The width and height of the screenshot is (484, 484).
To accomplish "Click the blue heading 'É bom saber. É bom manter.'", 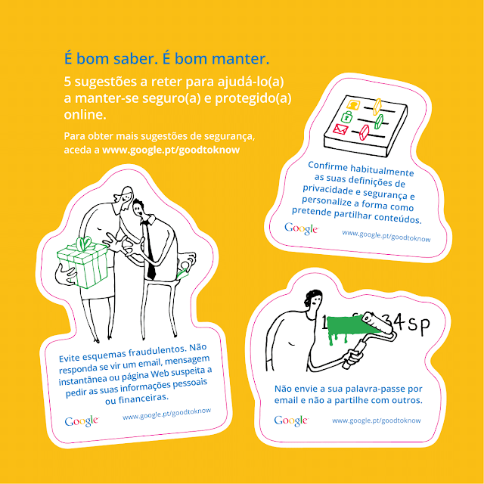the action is click(166, 59).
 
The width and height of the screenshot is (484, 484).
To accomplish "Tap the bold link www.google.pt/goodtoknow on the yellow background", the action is click(171, 150).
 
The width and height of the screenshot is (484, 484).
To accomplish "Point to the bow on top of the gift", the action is click(83, 243).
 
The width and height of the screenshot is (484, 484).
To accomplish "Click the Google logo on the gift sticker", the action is click(82, 421).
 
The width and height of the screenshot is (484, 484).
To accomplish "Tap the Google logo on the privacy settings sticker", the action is click(301, 228).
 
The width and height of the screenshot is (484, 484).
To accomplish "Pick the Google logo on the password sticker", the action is click(291, 420).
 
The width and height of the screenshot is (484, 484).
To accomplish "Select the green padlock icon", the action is click(347, 116).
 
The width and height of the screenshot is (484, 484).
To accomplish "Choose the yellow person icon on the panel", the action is click(353, 104).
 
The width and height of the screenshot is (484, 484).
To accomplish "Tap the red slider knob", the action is click(365, 132).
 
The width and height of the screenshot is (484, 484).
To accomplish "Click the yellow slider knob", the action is click(377, 107).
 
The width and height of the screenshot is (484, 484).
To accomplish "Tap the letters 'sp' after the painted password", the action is click(419, 324).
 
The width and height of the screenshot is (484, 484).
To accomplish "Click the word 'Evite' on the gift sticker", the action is click(69, 358).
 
